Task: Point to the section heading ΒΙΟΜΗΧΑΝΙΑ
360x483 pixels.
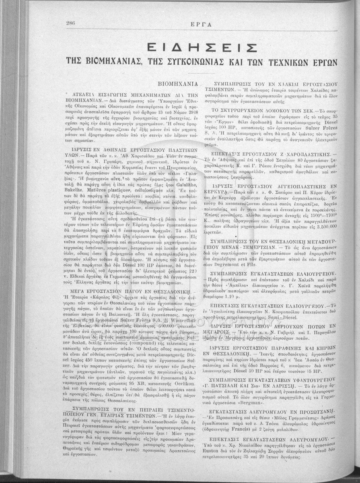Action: [x=177, y=85]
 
